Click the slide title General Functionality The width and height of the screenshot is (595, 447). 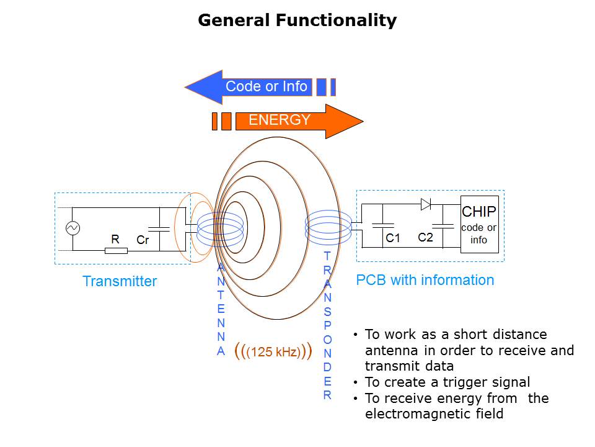tap(297, 20)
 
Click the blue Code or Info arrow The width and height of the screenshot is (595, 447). tap(260, 87)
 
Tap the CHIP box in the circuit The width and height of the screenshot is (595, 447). tap(479, 224)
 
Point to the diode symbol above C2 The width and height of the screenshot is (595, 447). tap(426, 204)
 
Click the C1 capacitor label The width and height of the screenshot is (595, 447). tap(393, 238)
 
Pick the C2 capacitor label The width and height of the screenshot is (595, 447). tap(425, 237)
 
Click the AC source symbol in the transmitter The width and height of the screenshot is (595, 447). tap(73, 228)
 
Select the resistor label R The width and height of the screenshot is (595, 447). tap(115, 239)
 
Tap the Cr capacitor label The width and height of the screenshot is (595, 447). tap(143, 240)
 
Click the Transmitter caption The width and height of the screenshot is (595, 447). tap(120, 281)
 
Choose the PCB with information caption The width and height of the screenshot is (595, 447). tap(425, 280)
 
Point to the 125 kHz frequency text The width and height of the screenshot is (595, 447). tap(273, 351)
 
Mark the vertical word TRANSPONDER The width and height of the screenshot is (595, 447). tap(327, 325)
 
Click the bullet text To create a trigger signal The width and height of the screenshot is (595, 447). tap(447, 382)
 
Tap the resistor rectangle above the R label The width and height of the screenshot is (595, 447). tap(116, 251)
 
